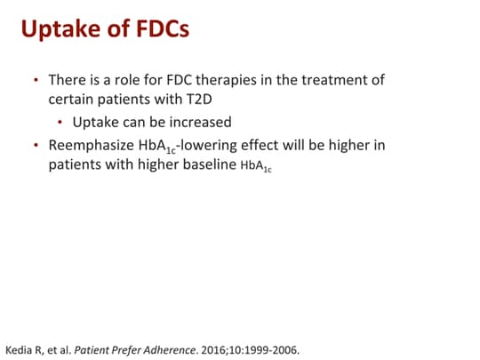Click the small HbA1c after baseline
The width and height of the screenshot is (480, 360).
click(x=256, y=166)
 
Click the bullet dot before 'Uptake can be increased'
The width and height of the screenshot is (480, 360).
click(x=61, y=122)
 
